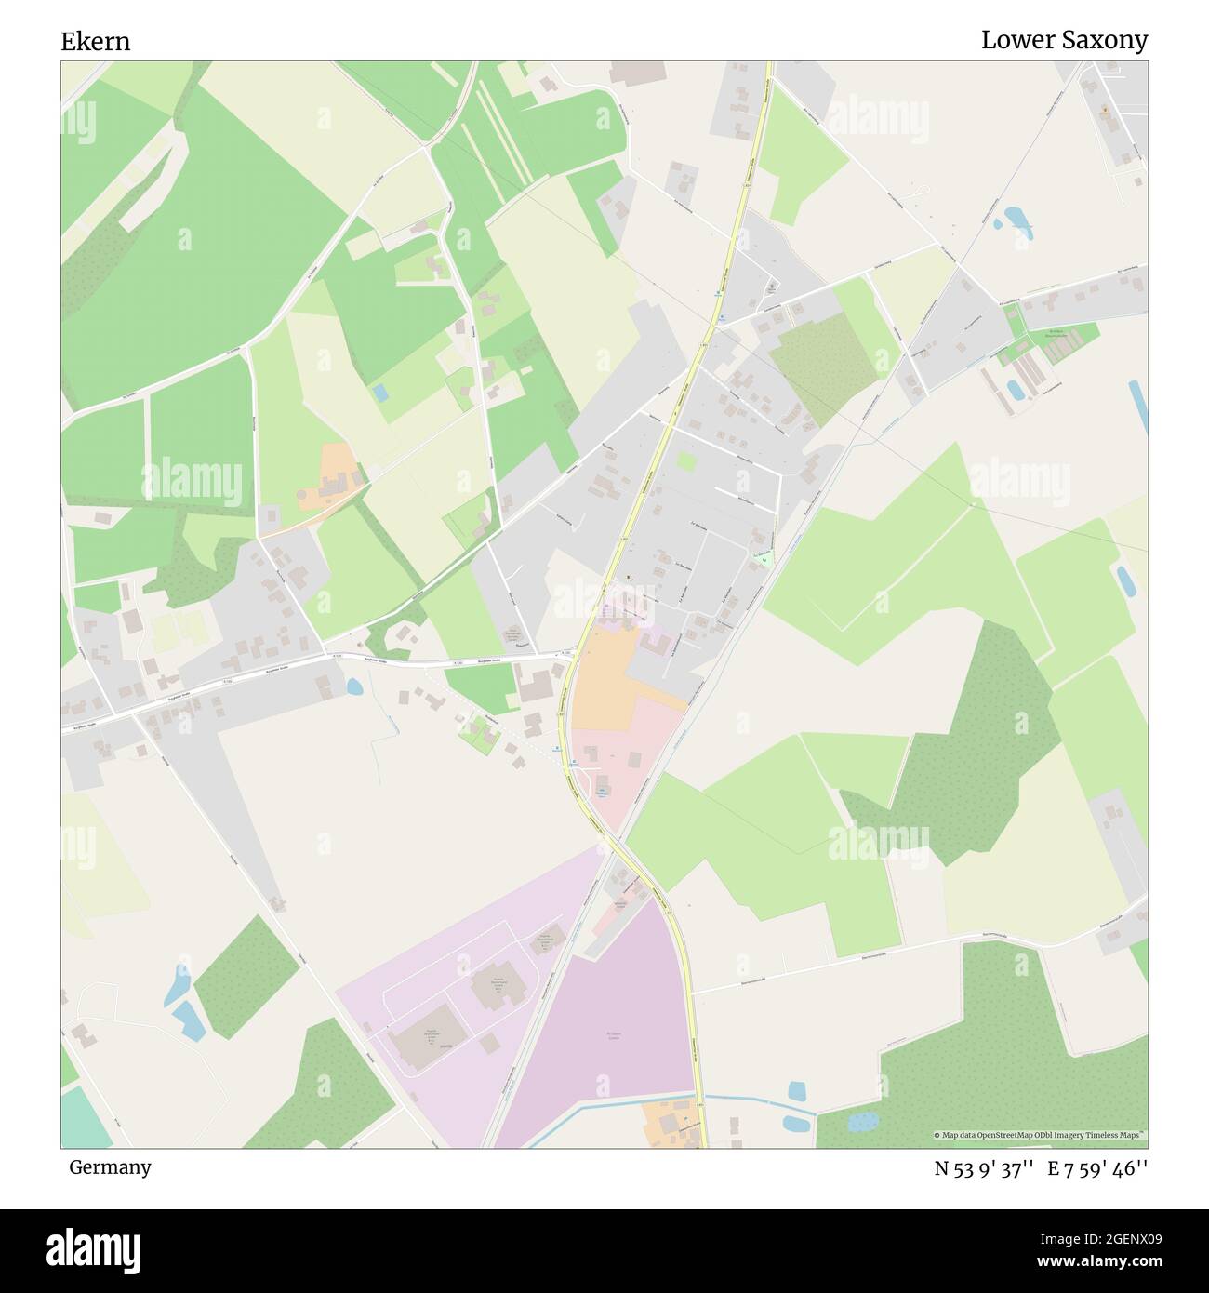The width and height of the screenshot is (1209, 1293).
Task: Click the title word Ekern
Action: (95, 42)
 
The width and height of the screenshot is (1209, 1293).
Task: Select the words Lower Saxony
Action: (1064, 40)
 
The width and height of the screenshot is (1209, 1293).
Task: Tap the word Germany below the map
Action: (110, 1166)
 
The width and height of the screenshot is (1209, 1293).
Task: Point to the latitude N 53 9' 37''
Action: (985, 1168)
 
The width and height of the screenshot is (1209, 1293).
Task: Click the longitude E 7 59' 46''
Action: (1098, 1168)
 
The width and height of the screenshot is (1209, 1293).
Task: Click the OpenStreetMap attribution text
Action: (1041, 1135)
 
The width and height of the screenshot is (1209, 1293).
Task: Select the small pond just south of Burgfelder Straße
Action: (353, 687)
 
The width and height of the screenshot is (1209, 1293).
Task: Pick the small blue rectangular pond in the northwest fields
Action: (380, 392)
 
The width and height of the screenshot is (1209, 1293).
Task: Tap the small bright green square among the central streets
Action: (685, 461)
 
